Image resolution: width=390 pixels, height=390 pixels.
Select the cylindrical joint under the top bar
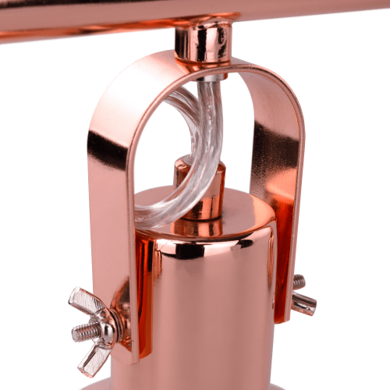pos(202,41)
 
